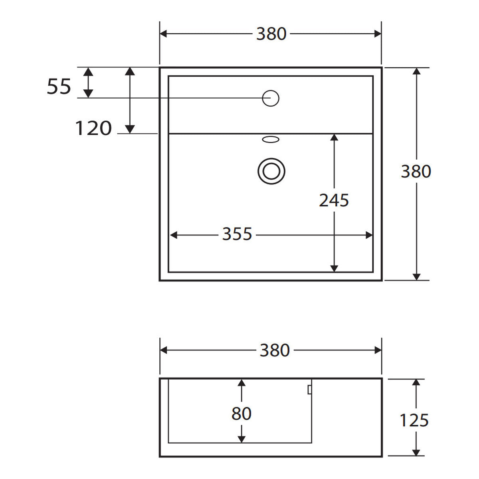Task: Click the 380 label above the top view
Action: (271, 34)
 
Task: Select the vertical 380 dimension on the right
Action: (416, 172)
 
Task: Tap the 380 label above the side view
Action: (275, 350)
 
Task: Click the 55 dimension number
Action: (59, 87)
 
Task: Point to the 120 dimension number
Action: (93, 128)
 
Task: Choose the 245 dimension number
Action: (334, 200)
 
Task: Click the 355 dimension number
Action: (237, 234)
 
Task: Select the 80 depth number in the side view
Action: (241, 414)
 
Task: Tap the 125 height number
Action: (414, 420)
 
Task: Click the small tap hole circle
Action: (271, 98)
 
